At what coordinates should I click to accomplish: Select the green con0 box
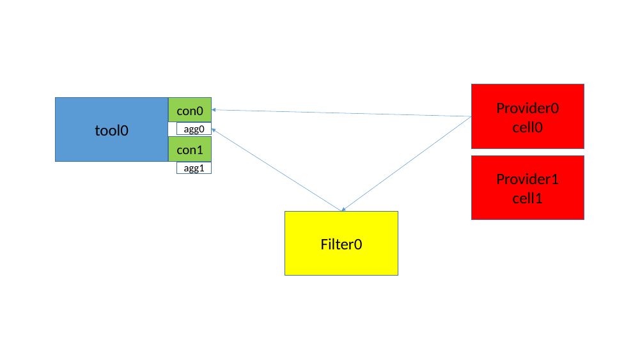tap(190, 110)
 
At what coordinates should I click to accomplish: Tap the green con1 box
tap(190, 149)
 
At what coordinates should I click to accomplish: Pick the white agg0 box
tap(194, 129)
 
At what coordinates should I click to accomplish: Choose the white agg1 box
tap(194, 168)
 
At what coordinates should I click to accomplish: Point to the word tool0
tap(112, 130)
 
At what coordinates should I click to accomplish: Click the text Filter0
tap(341, 244)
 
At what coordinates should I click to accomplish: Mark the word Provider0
tap(527, 108)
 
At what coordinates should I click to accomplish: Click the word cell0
tap(527, 127)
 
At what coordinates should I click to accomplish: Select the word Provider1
tap(527, 179)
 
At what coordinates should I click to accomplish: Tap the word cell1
tap(527, 198)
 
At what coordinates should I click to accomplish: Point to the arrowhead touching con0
tap(214, 110)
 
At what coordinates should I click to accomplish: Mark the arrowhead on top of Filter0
tap(344, 208)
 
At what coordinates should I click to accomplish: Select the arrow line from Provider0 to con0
tap(345, 114)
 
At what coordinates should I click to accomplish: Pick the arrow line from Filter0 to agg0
tap(275, 169)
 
